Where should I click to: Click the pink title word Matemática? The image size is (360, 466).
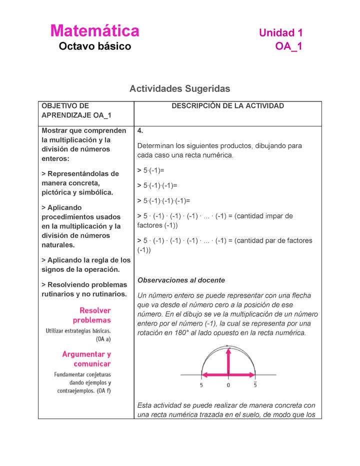(94, 31)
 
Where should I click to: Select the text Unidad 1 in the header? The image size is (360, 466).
(280, 33)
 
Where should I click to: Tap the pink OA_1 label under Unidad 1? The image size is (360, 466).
(288, 47)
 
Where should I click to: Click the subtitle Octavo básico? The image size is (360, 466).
(94, 47)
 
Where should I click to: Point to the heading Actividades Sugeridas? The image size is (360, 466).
(179, 88)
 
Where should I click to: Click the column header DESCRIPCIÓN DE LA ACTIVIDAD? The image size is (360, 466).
(227, 106)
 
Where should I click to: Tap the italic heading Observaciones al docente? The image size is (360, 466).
(180, 280)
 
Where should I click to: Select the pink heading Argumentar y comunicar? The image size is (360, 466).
(86, 359)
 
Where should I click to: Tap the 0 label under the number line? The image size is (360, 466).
(228, 385)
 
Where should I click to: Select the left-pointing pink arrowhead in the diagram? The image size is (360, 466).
(204, 375)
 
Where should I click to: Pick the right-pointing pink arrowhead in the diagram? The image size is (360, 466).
(252, 375)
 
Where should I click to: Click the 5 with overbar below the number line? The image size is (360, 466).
(255, 385)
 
